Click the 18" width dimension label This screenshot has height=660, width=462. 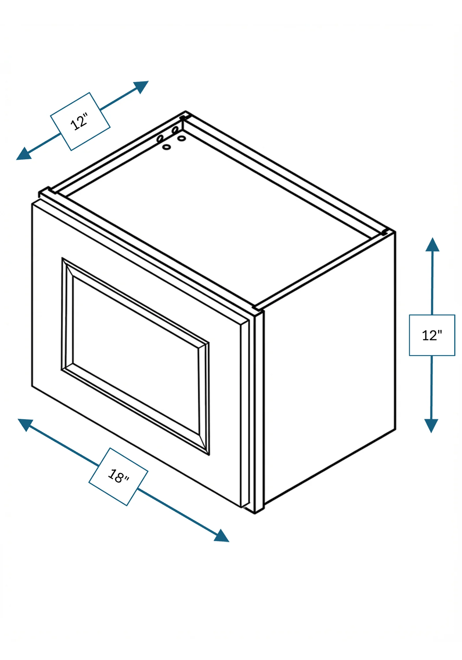pos(118,476)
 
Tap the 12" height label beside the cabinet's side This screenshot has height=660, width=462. pos(432,335)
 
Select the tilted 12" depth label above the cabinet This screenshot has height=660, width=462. pos(80,121)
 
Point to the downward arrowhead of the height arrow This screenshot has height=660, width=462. pos(431,426)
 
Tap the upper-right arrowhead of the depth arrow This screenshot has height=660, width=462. pos(142,86)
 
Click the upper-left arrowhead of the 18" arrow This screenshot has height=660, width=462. pos(25,424)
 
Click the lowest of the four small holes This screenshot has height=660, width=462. pos(167,147)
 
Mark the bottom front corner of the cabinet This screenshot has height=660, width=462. pos(254,513)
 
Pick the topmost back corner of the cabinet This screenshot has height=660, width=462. pos(185,112)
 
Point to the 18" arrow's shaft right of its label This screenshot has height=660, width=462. pos(176,510)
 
